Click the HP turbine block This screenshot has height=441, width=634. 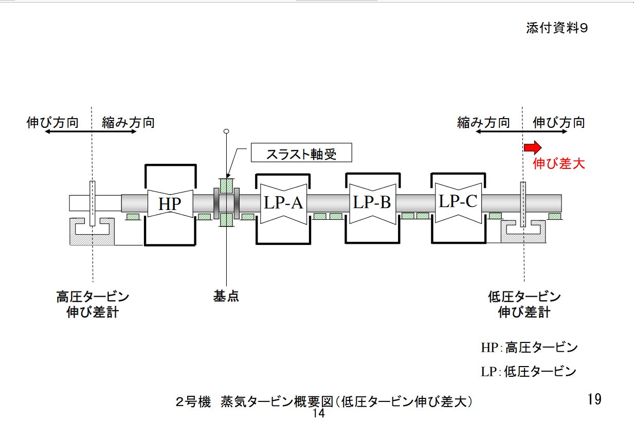point(170,204)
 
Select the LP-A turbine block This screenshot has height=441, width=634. point(283,203)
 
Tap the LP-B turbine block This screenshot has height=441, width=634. point(372,202)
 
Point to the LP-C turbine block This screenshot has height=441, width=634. point(457,201)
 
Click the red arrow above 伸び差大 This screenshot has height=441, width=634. point(532,148)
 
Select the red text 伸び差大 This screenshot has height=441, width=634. point(558,164)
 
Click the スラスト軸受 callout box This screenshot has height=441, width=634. point(301,153)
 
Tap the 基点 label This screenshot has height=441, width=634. point(226,296)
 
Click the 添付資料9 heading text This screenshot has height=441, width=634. point(556,29)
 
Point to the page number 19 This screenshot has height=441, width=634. point(594,399)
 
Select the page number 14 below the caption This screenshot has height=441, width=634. point(318,414)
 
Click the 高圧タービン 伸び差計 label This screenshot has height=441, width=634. point(93,304)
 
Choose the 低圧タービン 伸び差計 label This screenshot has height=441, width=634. point(524,304)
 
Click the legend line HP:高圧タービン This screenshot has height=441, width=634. point(529,348)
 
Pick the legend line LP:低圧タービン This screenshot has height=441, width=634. point(529,372)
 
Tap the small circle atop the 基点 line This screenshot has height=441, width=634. point(226,131)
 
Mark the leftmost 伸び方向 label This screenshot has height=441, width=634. point(52,123)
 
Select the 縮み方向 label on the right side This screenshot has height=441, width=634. point(483,123)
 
